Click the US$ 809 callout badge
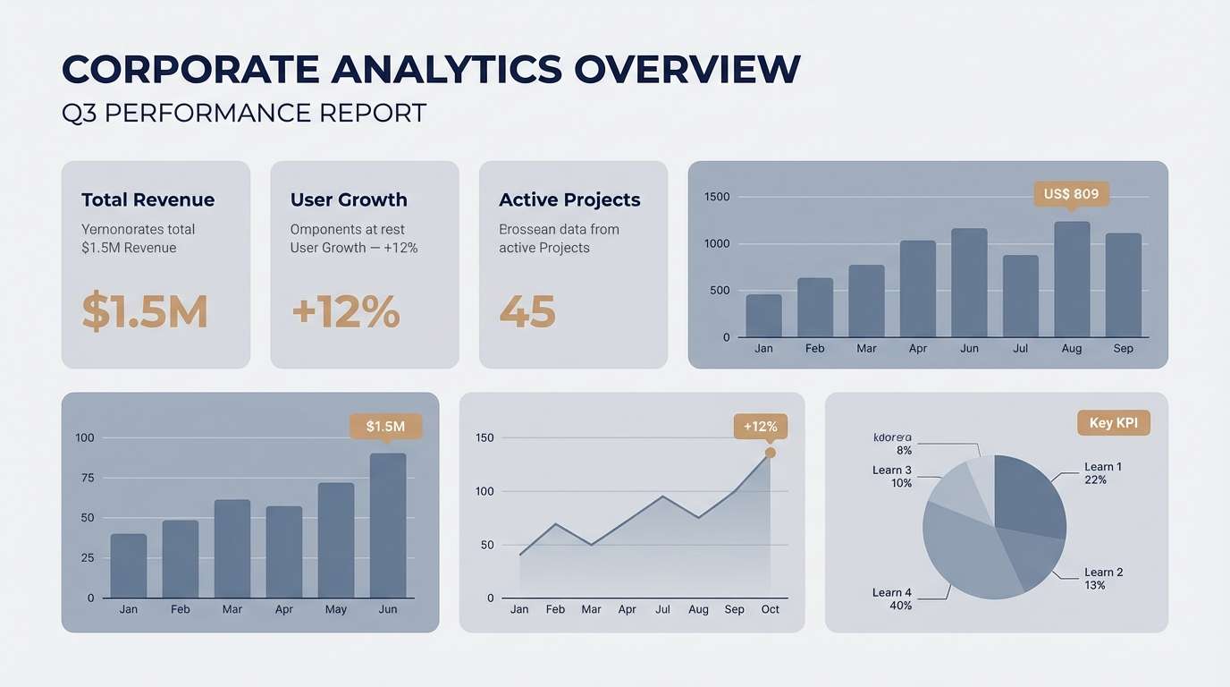pos(1071,194)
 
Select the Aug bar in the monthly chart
pos(1072,279)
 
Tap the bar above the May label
pos(336,540)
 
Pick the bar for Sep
pos(1124,285)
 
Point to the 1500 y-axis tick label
pos(717,197)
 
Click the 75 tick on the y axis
pos(87,478)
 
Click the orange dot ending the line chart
pos(771,453)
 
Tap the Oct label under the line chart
pos(770,609)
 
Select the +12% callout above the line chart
pos(760,427)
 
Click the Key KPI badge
pos(1113,423)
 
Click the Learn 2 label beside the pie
pos(1103,572)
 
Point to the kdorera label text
pos(892,437)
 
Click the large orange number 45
pos(527,311)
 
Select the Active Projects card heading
pos(569,199)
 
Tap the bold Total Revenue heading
pos(147,199)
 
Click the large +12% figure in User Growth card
pos(345,311)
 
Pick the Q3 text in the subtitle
pos(79,114)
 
